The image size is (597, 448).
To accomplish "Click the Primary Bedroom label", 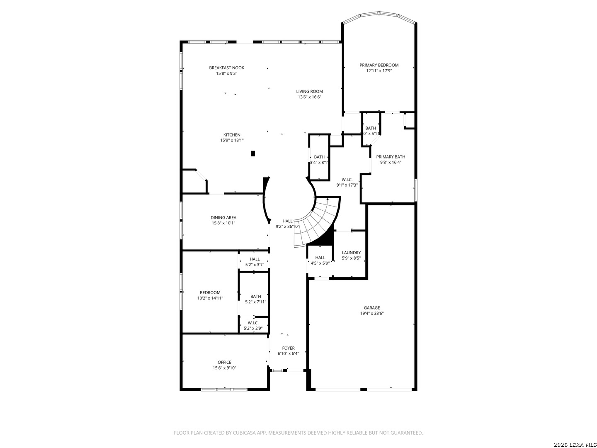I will (x=379, y=65).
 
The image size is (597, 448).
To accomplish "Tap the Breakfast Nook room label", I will (x=226, y=68).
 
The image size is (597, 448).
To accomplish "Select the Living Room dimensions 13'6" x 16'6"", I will (x=309, y=97).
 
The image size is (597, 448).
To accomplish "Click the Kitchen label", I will (x=232, y=135).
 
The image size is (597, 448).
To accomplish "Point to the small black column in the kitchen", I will (x=253, y=153).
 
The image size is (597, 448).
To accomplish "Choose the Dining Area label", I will (x=223, y=217).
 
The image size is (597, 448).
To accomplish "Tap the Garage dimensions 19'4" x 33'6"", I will (x=372, y=314).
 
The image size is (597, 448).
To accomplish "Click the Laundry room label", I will (x=351, y=253).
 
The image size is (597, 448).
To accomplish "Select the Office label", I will (x=224, y=362).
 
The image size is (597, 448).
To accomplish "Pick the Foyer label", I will (x=288, y=348).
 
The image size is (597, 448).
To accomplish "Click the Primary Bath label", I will (x=391, y=157).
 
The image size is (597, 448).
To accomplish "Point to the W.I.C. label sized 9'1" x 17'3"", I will (x=347, y=180).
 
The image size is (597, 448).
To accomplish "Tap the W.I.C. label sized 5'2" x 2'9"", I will (x=253, y=323).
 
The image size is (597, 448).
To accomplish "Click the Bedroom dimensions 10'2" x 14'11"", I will (x=210, y=298).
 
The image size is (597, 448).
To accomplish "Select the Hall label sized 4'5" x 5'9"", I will (x=320, y=258).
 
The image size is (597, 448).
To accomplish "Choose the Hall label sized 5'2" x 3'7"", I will (x=255, y=259).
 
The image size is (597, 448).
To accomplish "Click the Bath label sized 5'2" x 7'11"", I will (x=255, y=296).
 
